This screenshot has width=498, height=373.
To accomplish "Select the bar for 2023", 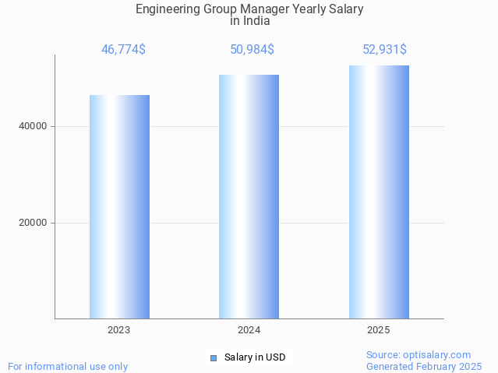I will coord(119,206).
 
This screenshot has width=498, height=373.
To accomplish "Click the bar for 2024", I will coord(249,196).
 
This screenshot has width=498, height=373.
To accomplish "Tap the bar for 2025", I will coord(379,192).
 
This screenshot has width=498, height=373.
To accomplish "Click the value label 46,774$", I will coord(123,50).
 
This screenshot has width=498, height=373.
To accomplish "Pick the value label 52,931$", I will coord(384,50).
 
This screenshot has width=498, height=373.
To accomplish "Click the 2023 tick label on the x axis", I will coord(119,330).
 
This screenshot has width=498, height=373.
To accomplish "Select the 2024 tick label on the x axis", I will coord(249,330).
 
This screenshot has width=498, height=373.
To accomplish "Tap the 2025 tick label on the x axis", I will coord(379,330).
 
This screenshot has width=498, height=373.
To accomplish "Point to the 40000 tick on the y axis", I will coord(33,126).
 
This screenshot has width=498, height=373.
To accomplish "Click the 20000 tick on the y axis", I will coord(33,223).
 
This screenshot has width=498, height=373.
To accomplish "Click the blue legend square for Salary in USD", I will coord(214,358).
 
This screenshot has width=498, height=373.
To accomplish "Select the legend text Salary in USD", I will coord(255,358).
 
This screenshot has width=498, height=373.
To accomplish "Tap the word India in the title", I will coord(256,21).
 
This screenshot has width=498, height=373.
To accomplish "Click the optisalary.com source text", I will coord(419,354).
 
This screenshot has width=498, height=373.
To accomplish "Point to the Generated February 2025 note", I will coord(424,366).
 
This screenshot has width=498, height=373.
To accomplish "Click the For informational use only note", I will coord(68,366).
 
